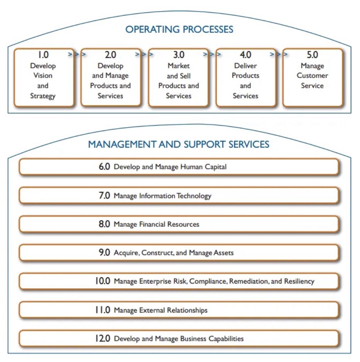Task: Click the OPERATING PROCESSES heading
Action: tap(179, 29)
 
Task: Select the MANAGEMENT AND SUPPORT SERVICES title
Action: tap(178, 144)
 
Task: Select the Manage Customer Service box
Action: tap(312, 77)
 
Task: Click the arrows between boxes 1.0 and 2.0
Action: tap(77, 54)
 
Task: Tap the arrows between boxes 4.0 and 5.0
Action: tap(279, 54)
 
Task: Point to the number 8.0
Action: tap(104, 224)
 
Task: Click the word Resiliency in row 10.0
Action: tap(299, 281)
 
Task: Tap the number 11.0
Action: tap(102, 310)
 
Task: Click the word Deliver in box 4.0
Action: tap(245, 66)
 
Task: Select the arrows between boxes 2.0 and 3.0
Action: tap(144, 54)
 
